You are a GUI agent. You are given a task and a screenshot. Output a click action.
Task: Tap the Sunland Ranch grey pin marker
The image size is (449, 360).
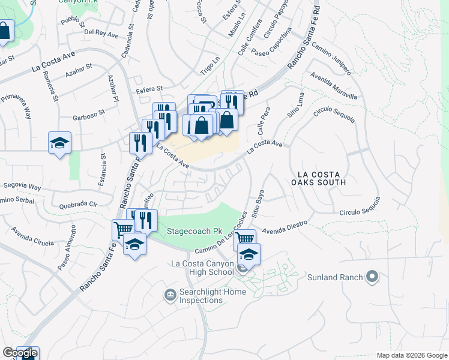click(372, 277)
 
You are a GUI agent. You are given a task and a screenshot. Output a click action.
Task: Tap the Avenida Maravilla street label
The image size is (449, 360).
click(334, 87)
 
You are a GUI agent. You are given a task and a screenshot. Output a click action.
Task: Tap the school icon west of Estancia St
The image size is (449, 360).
click(59, 143)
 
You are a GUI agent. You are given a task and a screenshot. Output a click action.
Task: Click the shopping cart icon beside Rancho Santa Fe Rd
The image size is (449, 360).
click(123, 229)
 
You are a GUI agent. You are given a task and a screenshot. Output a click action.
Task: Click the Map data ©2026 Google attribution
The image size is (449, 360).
click(411, 355)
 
